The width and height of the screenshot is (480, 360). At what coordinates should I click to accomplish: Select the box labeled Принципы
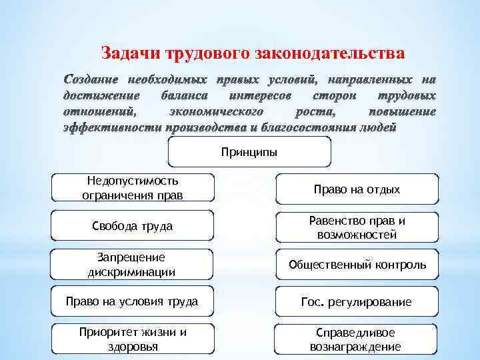(249, 152)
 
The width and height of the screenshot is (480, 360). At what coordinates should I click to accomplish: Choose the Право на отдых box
(357, 189)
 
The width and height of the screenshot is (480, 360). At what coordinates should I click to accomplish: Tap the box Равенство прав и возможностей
(357, 227)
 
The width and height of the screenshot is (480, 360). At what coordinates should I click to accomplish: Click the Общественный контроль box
(357, 265)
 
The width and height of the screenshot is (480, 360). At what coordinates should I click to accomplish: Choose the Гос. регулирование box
(357, 302)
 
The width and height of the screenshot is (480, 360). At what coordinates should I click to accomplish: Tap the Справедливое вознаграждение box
(357, 339)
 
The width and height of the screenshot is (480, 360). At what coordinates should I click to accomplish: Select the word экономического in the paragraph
(217, 111)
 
